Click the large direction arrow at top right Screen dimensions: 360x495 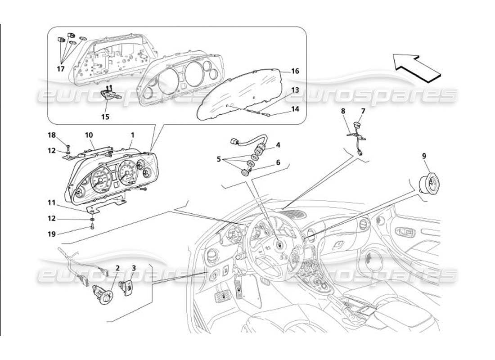tap(416, 67)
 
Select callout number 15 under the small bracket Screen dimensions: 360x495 tap(105, 117)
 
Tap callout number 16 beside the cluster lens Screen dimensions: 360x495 tap(295, 71)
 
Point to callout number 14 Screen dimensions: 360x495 tap(295, 109)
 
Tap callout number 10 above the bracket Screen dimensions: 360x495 tap(89, 135)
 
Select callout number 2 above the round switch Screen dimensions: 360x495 tap(117, 268)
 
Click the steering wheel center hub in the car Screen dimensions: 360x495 tap(279, 245)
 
